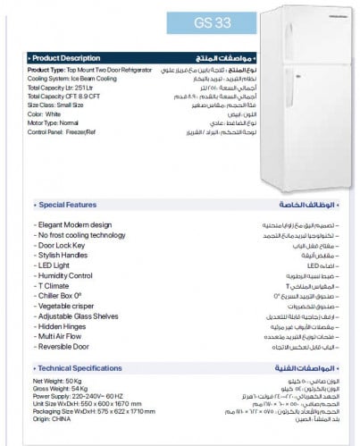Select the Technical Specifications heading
pyautogui.click(x=79, y=368)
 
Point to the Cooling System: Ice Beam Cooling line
pyautogui.click(x=75, y=79)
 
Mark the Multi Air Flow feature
pyautogui.click(x=62, y=336)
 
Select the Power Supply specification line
pyautogui.click(x=83, y=397)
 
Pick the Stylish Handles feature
pyautogui.click(x=64, y=255)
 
